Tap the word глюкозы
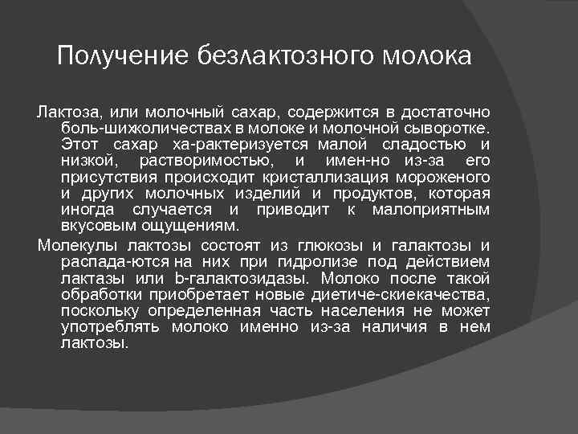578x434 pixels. pyautogui.click(x=329, y=245)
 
